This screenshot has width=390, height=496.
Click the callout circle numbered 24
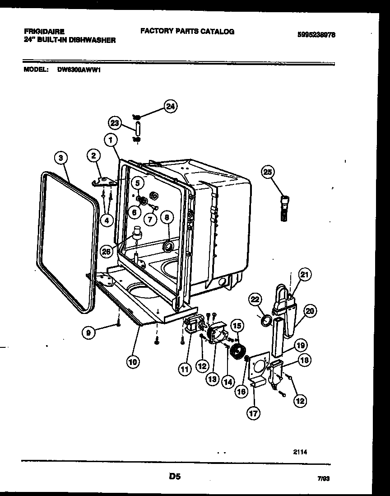pos(170,107)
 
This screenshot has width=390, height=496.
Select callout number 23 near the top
pos(115,122)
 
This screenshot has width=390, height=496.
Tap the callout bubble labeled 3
pos(60,158)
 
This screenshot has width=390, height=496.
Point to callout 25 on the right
pos(268,172)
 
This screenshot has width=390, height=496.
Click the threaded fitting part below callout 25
pos(284,208)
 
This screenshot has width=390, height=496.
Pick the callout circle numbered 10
pos(133,361)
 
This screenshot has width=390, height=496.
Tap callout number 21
pos(306,275)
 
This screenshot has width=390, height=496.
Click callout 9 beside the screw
pos(89,333)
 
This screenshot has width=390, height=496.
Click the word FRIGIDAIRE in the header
pos(43,32)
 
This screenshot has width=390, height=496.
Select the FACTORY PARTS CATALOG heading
pos(187,31)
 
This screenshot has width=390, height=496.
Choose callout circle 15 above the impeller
pos(237,324)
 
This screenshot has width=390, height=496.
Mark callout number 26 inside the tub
pos(107,252)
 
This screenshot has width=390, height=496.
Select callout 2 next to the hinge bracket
pos(93,156)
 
